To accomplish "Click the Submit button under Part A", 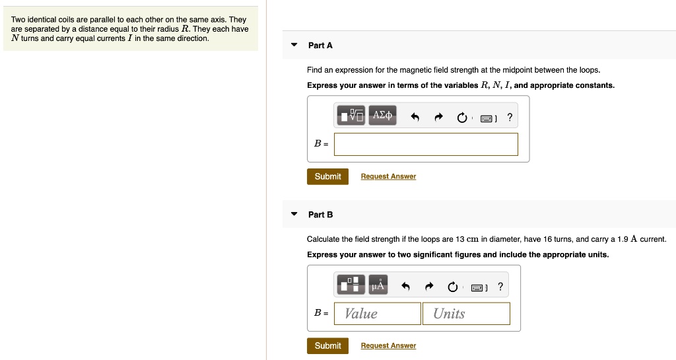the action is pyautogui.click(x=327, y=176).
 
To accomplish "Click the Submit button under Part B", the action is pyautogui.click(x=327, y=345).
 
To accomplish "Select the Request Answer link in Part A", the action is pyautogui.click(x=388, y=176).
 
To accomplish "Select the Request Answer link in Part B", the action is pyautogui.click(x=388, y=345).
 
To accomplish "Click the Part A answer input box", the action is pyautogui.click(x=426, y=144).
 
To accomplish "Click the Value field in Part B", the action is pyautogui.click(x=378, y=314).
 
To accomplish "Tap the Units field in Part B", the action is pyautogui.click(x=467, y=314).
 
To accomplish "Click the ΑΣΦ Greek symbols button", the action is pyautogui.click(x=382, y=115).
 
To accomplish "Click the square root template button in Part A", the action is pyautogui.click(x=351, y=115).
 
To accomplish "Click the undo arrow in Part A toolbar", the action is pyautogui.click(x=415, y=117).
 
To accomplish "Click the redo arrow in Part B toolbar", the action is pyautogui.click(x=428, y=286).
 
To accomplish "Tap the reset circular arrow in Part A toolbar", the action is pyautogui.click(x=461, y=118).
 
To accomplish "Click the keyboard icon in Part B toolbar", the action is pyautogui.click(x=477, y=287).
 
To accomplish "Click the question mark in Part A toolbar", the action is pyautogui.click(x=510, y=117).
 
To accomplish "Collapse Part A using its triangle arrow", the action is pyautogui.click(x=294, y=45).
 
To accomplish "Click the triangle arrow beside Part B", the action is pyautogui.click(x=294, y=214).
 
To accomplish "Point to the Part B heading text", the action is pyautogui.click(x=320, y=215).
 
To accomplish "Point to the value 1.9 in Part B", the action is pyautogui.click(x=623, y=239).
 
